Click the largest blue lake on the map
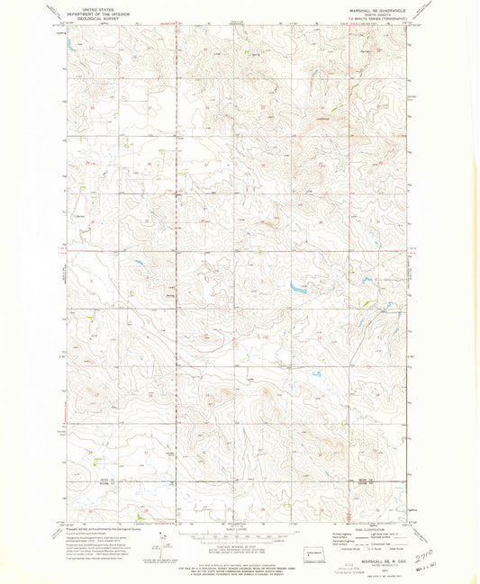[x=297, y=289]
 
